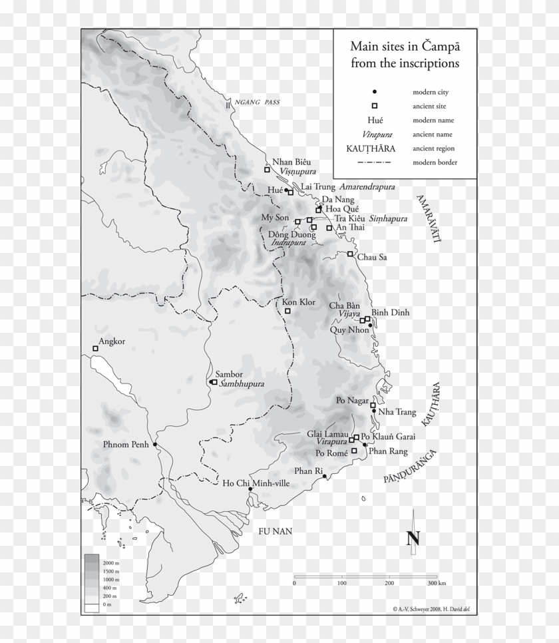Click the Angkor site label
112,342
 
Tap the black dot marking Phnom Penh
155,444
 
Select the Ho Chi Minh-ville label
256,483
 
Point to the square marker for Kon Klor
288,311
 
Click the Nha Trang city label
397,412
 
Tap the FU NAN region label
276,531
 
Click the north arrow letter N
413,538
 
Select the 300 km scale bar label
437,583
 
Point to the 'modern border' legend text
435,162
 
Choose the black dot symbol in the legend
375,92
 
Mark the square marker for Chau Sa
350,254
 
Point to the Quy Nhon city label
348,329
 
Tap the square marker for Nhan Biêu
267,170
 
